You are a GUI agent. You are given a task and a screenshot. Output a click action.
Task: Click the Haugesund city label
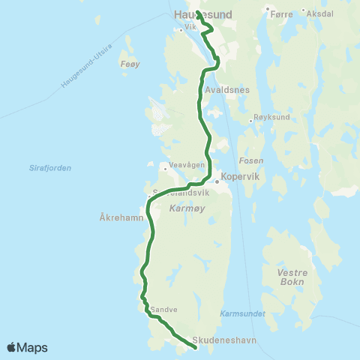coord(202,14)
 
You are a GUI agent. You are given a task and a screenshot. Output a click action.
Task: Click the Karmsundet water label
coord(242,313)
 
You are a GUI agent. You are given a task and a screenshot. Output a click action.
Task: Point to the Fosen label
coord(249,160)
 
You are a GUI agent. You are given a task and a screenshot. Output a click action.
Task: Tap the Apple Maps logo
coord(27,347)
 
